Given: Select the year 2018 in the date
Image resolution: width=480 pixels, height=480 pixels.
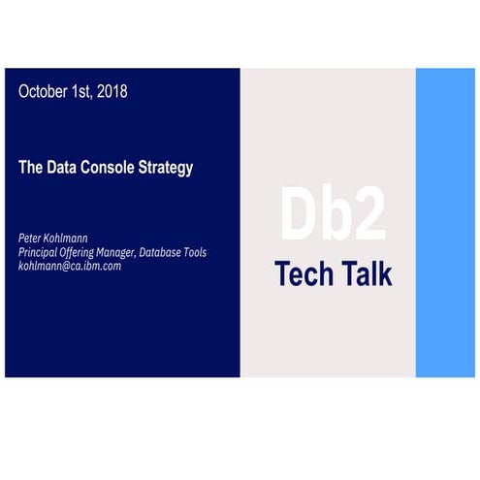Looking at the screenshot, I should tap(109, 92).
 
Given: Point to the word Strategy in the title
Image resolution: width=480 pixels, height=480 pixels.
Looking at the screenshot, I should tap(167, 167).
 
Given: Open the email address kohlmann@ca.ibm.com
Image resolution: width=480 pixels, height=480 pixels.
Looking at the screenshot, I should tap(70, 265).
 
